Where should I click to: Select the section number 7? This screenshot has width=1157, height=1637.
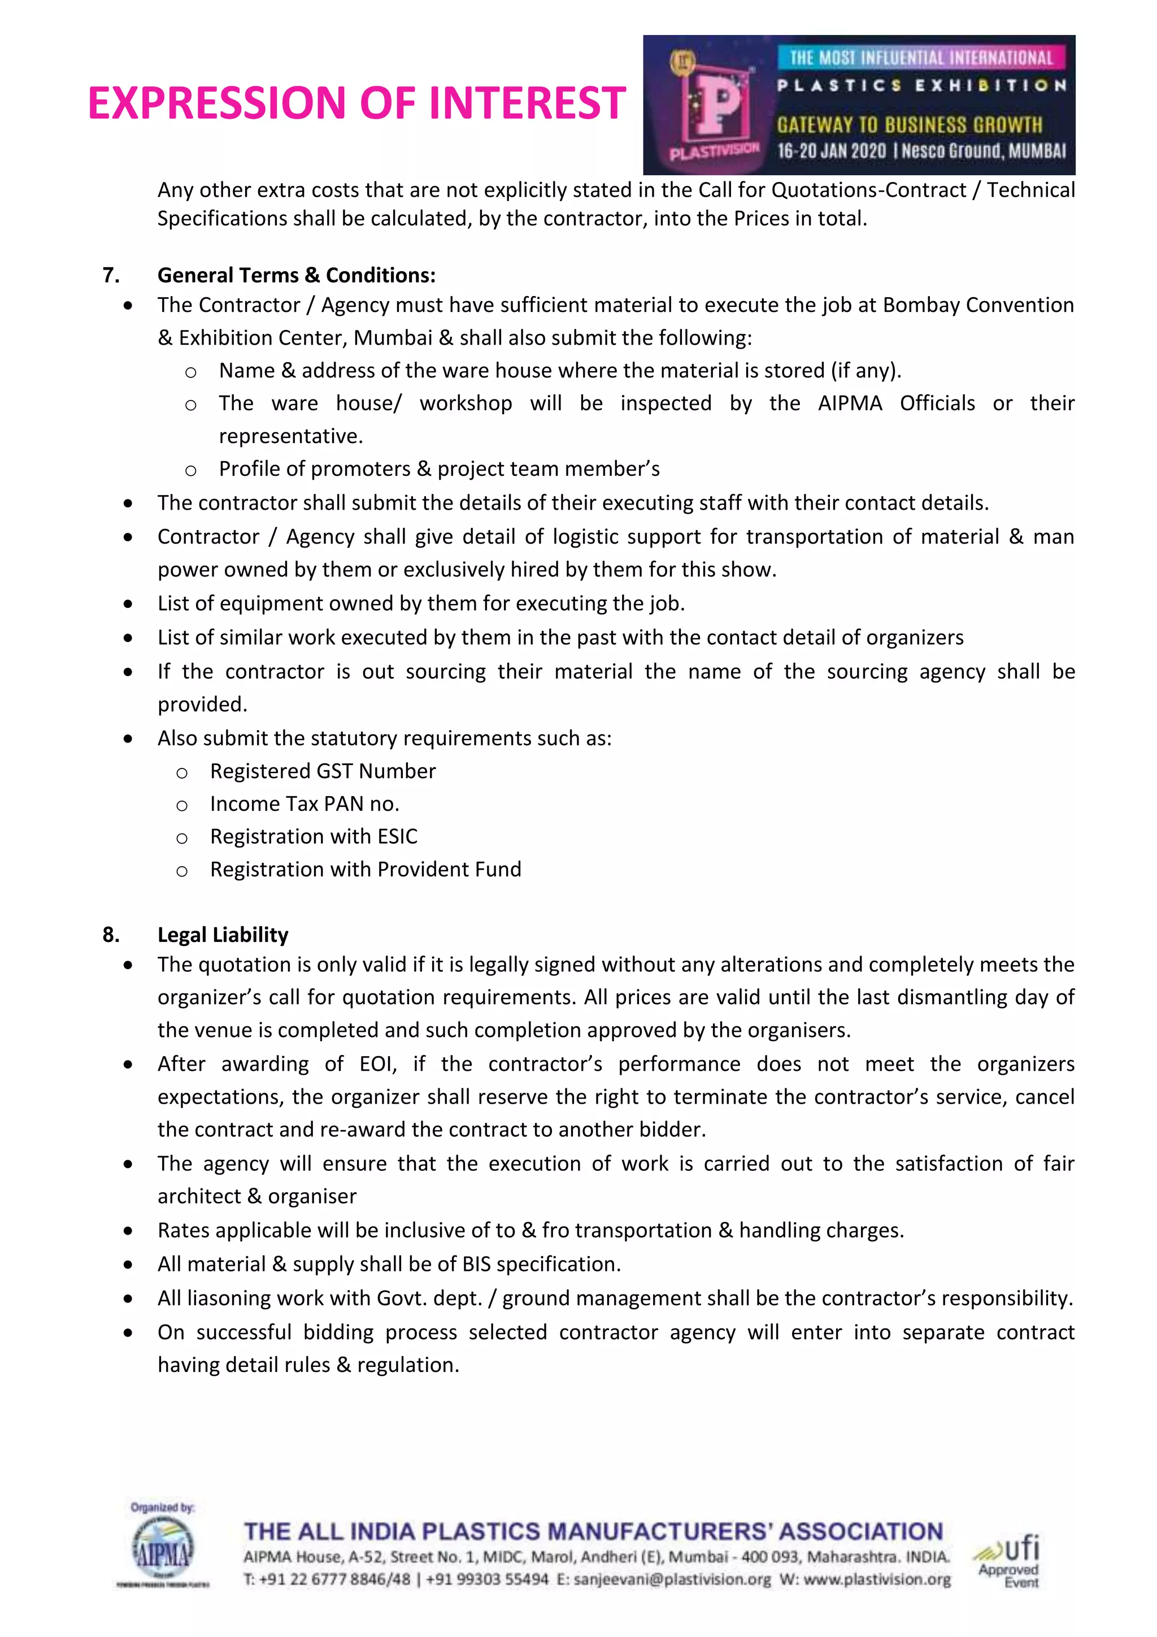coord(111,275)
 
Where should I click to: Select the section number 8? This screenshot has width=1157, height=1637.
coord(111,935)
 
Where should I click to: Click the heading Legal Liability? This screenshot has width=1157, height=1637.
coord(223,935)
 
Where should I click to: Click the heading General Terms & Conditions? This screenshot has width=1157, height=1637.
coord(296,275)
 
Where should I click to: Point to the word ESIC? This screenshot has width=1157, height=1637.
coord(397,836)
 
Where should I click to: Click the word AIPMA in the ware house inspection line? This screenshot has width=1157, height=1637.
coord(850,403)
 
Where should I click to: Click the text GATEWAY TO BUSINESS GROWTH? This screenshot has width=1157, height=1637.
coord(909,125)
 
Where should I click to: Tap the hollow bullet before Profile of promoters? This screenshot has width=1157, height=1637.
coord(190,470)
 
